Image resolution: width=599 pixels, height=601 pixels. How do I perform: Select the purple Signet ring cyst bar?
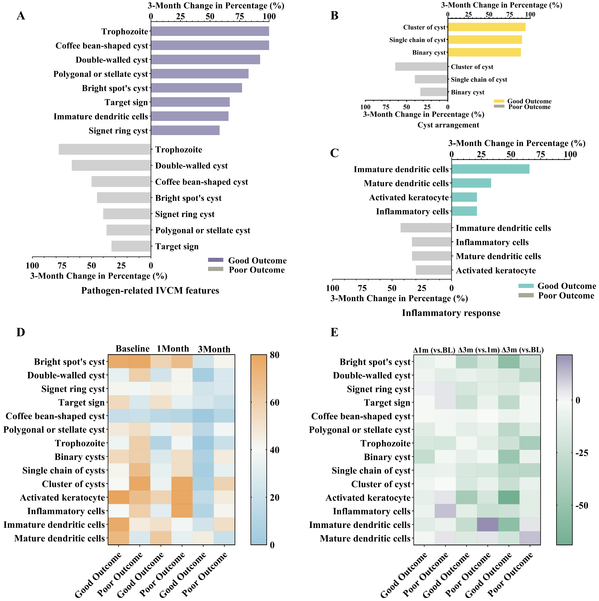point(185,130)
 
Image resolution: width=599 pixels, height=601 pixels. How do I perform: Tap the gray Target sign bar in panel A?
point(131,246)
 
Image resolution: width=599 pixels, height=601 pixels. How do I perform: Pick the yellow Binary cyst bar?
point(484,52)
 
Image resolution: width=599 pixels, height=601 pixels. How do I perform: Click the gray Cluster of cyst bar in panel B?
point(421,67)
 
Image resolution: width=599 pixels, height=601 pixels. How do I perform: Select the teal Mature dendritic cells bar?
point(471,183)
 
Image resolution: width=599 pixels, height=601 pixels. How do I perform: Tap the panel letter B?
point(334,16)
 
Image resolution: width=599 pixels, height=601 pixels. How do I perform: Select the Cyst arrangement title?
point(448,125)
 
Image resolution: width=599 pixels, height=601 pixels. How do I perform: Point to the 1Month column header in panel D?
point(173,349)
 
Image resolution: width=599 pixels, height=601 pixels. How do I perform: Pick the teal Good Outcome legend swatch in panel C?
point(526,286)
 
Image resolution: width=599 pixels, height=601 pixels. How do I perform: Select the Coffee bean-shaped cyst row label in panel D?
point(55,416)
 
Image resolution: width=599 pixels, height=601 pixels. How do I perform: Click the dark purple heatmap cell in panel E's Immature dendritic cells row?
point(488,525)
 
